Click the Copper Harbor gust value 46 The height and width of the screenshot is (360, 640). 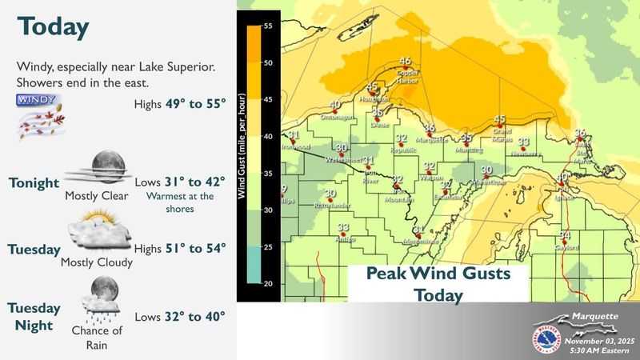click(x=406, y=62)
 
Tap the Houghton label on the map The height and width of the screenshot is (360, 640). click(x=371, y=98)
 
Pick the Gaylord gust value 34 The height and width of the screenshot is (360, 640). click(x=565, y=234)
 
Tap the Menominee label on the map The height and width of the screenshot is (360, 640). click(x=418, y=240)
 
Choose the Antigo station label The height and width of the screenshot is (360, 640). click(x=343, y=238)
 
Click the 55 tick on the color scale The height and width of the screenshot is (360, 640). click(x=269, y=26)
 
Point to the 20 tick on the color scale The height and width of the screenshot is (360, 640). click(x=269, y=284)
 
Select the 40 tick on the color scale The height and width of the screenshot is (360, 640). click(x=269, y=137)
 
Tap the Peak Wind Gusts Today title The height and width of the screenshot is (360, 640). click(x=438, y=284)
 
